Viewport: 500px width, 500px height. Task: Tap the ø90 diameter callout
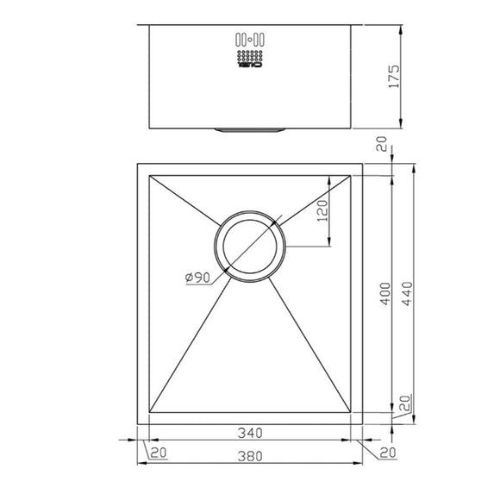[197, 277]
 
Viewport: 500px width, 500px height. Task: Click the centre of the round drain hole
[250, 247]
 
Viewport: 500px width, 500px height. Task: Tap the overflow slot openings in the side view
[249, 38]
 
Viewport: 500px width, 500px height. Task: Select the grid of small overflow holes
[249, 53]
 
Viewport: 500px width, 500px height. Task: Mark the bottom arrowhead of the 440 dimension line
[407, 422]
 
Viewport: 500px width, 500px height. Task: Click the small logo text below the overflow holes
[249, 66]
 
